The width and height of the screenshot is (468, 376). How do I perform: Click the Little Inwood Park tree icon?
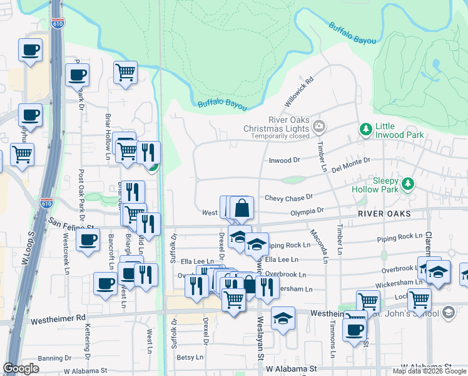click(365, 129)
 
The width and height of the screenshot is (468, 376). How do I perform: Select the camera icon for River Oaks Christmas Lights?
click(319, 127)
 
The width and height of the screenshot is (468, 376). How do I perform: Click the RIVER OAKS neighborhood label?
click(385, 214)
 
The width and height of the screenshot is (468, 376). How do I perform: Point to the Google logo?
click(21, 368)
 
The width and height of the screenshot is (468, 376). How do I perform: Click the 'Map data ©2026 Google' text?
click(430, 371)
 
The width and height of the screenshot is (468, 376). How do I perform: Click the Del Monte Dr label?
click(351, 167)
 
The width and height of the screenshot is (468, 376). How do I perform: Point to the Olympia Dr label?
click(307, 212)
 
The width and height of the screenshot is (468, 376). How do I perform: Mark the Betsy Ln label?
click(190, 357)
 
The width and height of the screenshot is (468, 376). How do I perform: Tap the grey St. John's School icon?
click(448, 312)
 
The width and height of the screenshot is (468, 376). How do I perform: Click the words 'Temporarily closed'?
click(280, 136)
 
